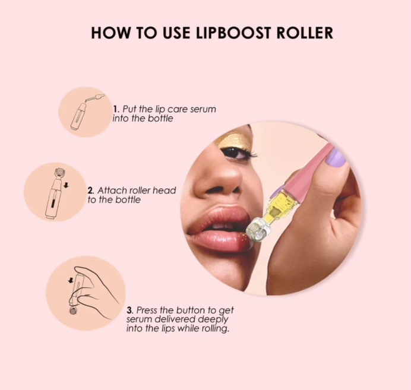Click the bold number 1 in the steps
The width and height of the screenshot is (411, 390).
(115, 109)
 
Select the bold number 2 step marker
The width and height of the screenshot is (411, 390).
(90, 191)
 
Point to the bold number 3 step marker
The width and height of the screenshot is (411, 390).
(129, 310)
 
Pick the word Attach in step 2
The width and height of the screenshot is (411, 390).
(110, 191)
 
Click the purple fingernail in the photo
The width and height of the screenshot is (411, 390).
(336, 157)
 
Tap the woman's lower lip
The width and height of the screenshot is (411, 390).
(220, 240)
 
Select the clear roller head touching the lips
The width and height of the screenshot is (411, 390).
(260, 232)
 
